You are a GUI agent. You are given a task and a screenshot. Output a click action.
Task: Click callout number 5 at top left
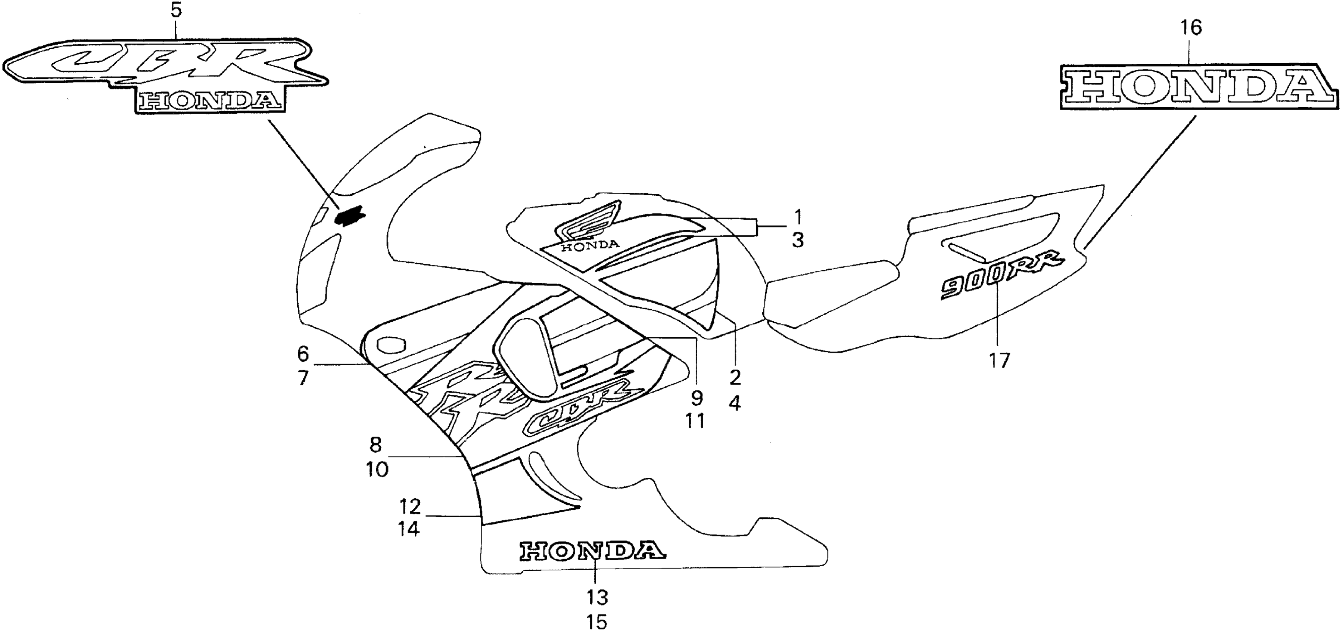[x=176, y=10]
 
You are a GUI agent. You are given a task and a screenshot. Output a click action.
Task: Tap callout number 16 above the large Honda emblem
[x=1191, y=27]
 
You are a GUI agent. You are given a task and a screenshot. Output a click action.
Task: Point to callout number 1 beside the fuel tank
[x=798, y=216]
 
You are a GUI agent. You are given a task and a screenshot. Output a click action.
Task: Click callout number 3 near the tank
[x=798, y=241]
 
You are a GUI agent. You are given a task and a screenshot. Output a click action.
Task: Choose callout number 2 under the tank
[x=735, y=377]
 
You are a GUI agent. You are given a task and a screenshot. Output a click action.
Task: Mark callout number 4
[x=735, y=402]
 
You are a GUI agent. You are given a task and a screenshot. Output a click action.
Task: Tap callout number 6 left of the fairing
[x=303, y=354]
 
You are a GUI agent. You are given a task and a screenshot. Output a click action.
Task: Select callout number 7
[x=303, y=378]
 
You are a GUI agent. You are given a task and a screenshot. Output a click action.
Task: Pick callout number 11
[x=695, y=421]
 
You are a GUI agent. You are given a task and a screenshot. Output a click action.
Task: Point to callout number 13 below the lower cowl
[x=596, y=597]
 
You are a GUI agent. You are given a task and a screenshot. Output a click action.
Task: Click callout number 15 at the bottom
[x=596, y=622]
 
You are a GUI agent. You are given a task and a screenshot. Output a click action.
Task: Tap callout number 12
[x=410, y=506]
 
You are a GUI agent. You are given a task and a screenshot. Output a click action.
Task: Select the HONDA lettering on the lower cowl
[x=592, y=551]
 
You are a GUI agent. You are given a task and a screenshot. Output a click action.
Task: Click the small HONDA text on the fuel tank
[x=590, y=245]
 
